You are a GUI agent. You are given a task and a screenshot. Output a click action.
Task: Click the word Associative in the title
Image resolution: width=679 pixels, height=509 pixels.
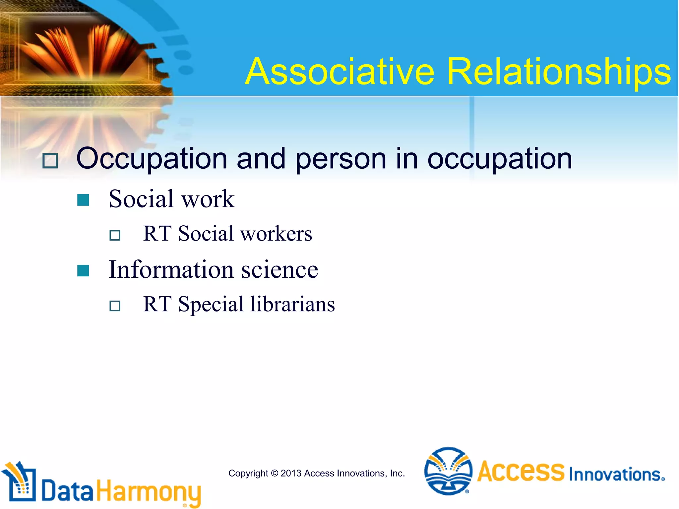340,72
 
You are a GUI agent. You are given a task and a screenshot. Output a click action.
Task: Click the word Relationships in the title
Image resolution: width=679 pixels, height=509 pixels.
559,72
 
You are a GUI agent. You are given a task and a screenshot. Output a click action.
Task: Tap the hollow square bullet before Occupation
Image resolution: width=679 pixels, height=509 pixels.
50,161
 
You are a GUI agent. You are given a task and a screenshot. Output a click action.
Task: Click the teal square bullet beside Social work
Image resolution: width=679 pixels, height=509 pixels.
83,200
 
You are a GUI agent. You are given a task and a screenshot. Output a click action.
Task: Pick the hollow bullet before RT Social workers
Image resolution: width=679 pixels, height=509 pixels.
115,235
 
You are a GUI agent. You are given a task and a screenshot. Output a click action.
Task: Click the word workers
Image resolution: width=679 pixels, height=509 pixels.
276,234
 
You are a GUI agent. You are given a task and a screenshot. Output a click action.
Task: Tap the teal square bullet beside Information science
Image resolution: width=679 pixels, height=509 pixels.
83,270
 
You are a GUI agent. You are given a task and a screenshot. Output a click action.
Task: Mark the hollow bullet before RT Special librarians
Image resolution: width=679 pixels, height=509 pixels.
115,306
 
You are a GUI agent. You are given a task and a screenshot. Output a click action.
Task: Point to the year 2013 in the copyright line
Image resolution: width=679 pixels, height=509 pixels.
291,473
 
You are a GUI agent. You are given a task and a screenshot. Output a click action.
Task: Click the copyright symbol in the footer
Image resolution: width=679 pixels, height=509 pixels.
275,473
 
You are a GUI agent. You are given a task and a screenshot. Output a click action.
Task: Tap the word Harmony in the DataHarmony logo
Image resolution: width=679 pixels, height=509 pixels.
149,492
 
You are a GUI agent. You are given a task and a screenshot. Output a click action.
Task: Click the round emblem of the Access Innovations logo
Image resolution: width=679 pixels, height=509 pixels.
448,471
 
